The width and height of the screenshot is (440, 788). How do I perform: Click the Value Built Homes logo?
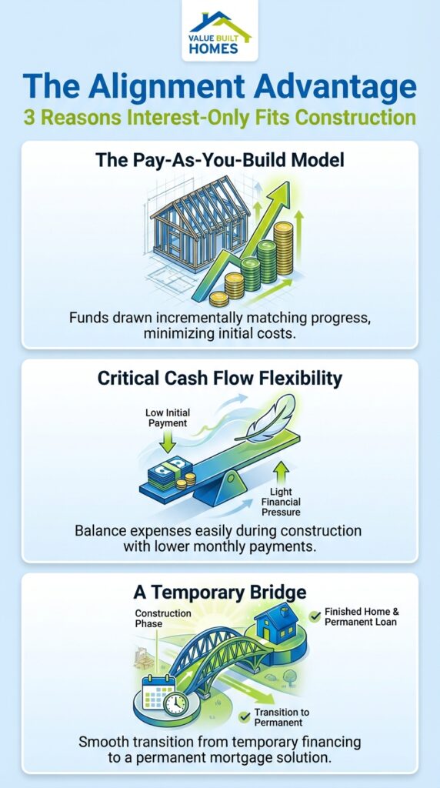219,35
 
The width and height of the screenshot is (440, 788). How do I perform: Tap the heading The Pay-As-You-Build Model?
220,161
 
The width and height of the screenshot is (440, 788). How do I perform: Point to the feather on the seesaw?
265,419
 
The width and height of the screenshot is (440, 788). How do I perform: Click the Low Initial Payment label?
168,418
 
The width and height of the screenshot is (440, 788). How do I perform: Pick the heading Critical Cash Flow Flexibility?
220,379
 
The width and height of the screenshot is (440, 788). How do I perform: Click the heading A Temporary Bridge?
220,593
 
